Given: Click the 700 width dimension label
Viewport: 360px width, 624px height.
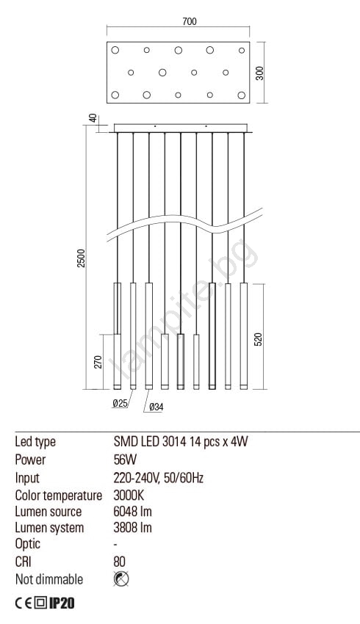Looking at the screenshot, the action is click(x=189, y=21).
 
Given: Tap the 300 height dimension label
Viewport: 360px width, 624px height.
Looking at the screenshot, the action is click(x=259, y=73).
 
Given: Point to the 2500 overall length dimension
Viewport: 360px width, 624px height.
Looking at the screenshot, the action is click(x=82, y=258).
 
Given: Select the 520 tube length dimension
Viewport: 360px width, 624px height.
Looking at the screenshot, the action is click(x=259, y=339).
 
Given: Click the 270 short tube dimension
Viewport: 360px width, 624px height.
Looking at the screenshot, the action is click(x=98, y=362).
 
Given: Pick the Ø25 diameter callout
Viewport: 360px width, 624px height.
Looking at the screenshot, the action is click(x=120, y=403).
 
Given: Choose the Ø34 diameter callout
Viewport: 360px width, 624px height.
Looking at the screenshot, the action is click(x=156, y=407).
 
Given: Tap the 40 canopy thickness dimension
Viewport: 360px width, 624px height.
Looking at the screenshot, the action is click(x=93, y=118).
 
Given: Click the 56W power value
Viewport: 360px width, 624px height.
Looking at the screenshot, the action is click(x=125, y=460).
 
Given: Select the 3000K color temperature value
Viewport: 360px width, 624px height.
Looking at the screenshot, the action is click(x=129, y=495).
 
